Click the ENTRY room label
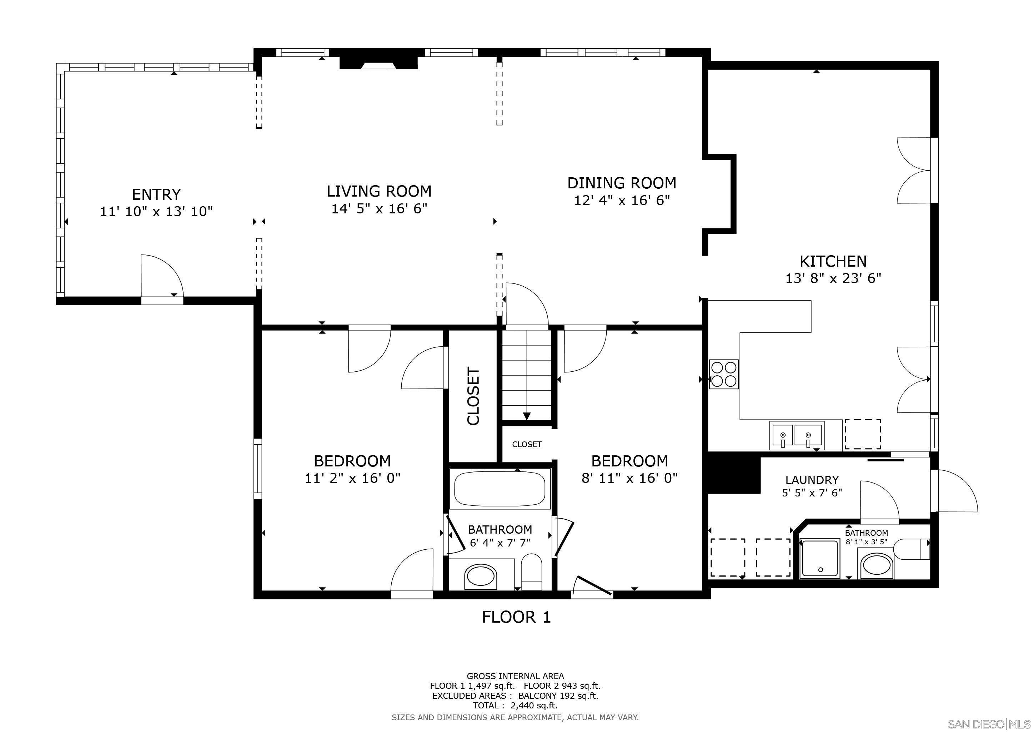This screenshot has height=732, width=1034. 156,194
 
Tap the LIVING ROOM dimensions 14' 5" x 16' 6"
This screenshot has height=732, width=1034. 379,209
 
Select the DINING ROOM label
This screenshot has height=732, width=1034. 622,183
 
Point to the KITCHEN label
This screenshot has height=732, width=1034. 833,261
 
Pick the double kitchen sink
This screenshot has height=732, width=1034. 796,435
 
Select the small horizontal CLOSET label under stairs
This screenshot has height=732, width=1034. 526,444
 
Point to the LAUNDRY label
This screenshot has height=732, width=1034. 812,480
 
